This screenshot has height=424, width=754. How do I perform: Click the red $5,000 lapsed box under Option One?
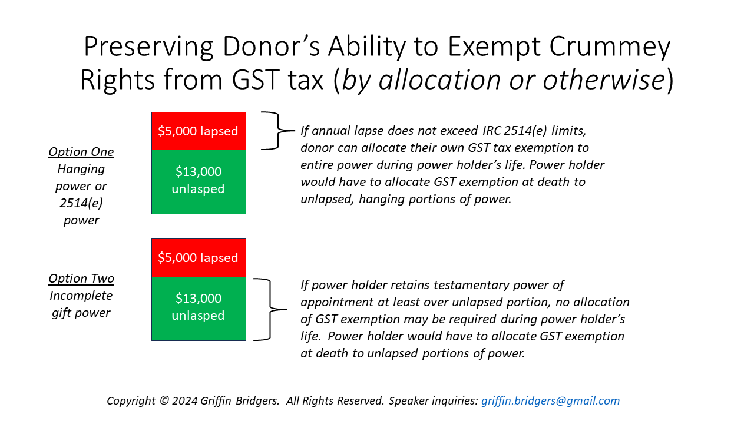tap(199, 131)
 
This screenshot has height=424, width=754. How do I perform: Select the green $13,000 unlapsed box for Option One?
tap(199, 181)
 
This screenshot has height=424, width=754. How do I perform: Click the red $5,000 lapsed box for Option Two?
tap(199, 257)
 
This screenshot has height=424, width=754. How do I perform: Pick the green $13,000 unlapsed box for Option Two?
tap(199, 308)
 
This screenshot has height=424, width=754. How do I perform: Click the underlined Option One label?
tap(81, 152)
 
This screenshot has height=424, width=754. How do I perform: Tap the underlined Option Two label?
tap(81, 279)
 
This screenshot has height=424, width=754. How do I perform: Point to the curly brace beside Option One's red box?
tap(277, 131)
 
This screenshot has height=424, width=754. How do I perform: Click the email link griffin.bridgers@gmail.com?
tap(550, 401)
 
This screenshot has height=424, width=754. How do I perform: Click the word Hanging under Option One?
tap(81, 169)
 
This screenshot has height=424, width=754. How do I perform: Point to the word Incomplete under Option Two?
tap(81, 296)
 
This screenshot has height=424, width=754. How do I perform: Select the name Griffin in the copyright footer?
tap(217, 401)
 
